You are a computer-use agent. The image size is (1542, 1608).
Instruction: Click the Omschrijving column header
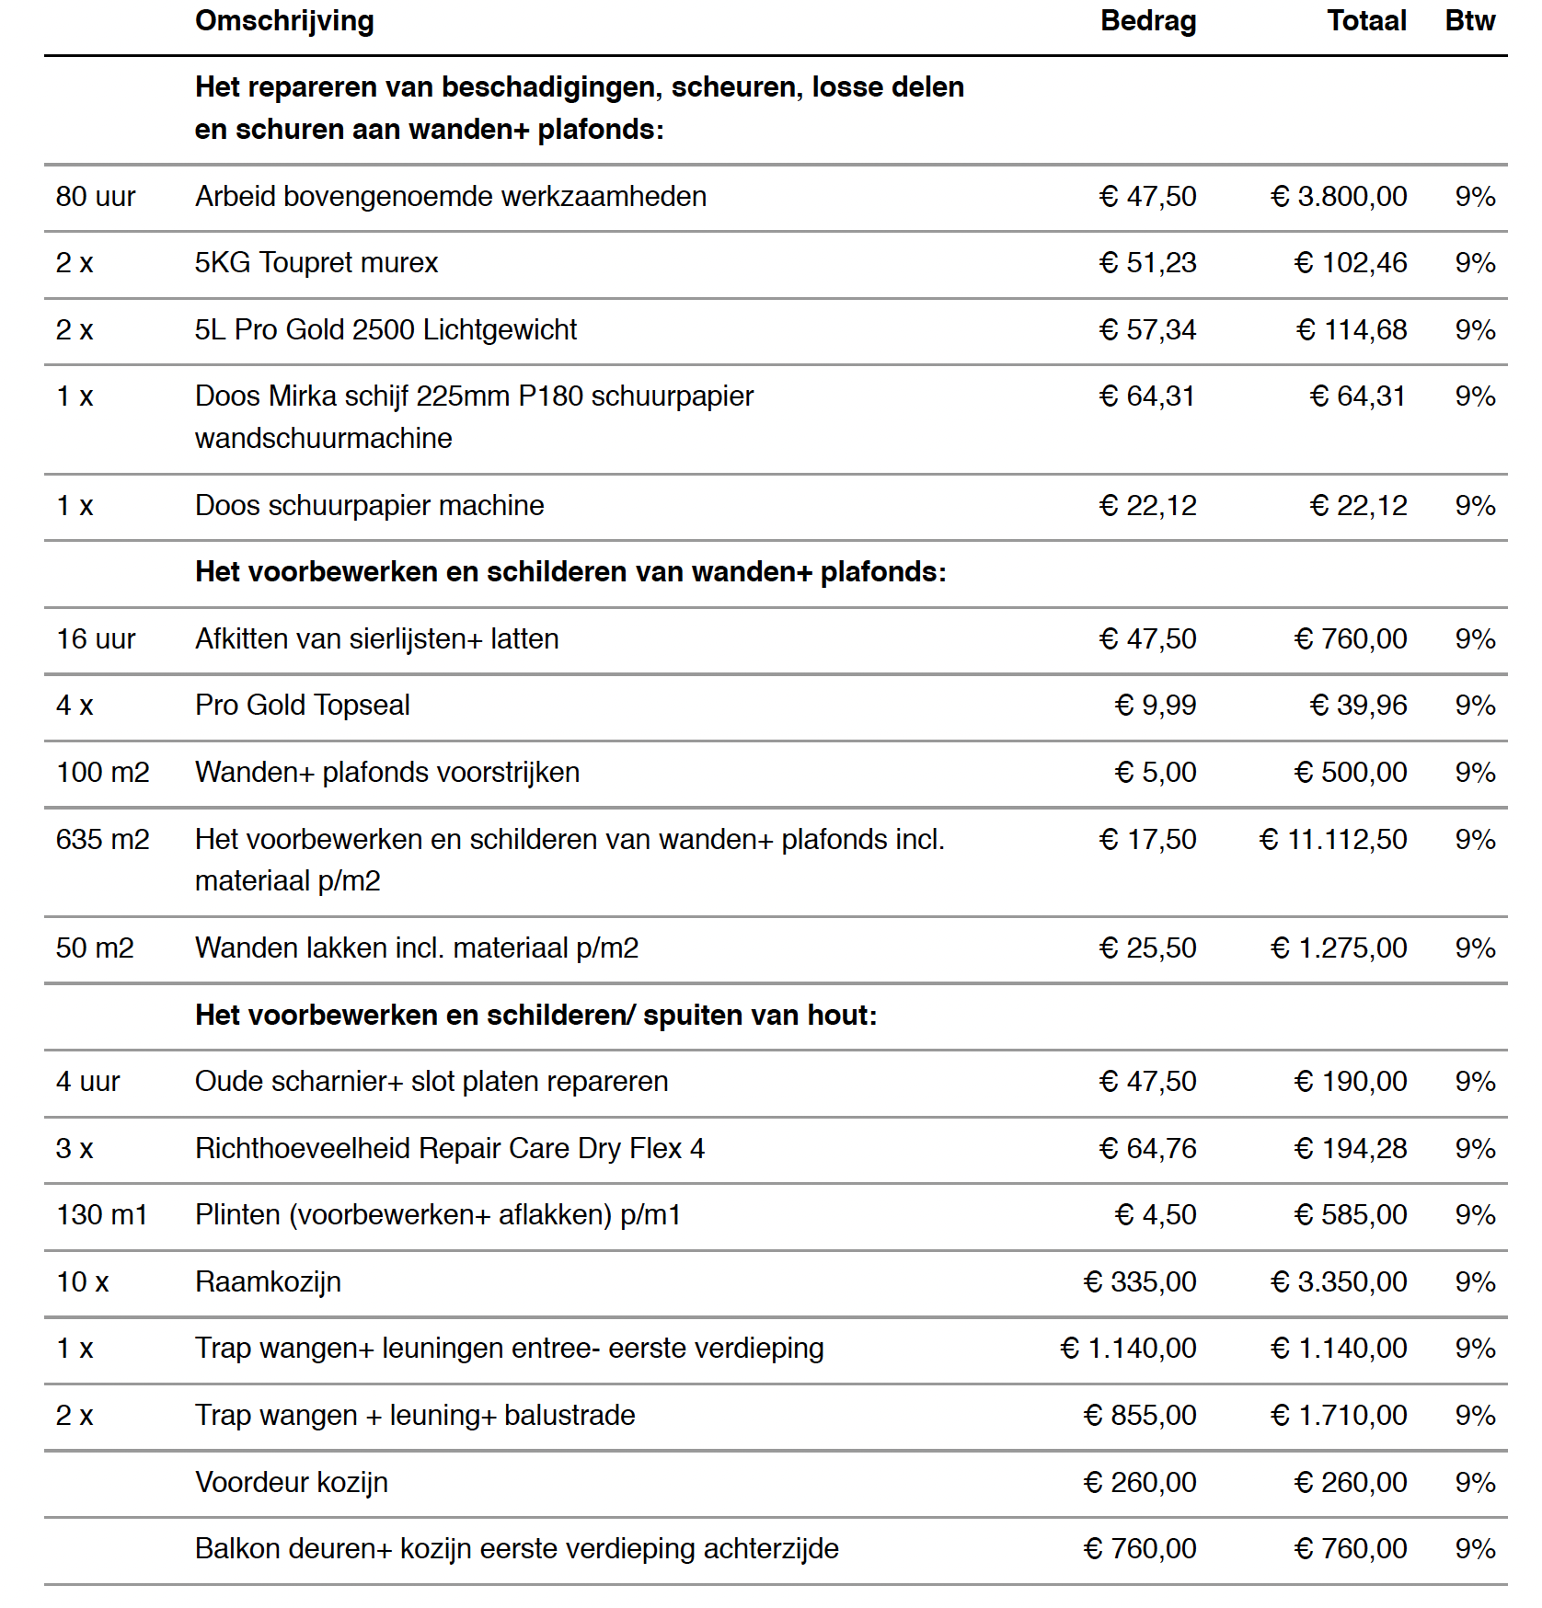(x=284, y=21)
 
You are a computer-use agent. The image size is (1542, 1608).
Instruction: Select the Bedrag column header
(x=1148, y=21)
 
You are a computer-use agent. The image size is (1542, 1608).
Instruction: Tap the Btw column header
(x=1469, y=21)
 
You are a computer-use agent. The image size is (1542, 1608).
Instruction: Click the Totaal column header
(x=1366, y=21)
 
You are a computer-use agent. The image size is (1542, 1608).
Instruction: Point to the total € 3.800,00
(x=1339, y=196)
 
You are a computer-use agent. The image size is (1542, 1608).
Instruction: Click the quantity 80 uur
(x=96, y=196)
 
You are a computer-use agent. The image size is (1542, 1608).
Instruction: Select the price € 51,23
(x=1148, y=263)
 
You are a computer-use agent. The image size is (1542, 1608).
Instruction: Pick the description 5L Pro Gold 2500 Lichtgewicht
(x=385, y=329)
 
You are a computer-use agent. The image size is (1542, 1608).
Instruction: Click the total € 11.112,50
(x=1333, y=839)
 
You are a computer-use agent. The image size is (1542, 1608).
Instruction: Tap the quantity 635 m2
(x=102, y=839)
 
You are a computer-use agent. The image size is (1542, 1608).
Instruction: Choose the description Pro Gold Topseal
(x=302, y=706)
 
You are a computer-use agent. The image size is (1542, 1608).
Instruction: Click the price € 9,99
(x=1156, y=706)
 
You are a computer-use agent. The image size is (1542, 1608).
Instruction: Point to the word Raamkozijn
(x=268, y=1281)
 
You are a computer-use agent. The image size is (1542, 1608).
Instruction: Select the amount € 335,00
(x=1140, y=1281)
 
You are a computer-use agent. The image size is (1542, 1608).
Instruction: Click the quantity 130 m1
(x=102, y=1215)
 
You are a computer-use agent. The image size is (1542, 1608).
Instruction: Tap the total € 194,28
(x=1351, y=1148)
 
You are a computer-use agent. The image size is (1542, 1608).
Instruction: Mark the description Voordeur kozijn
(x=292, y=1482)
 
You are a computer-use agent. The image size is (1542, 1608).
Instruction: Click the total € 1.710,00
(x=1339, y=1415)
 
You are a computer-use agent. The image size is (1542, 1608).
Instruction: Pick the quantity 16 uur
(x=96, y=638)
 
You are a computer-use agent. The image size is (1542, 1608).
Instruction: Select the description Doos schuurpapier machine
(x=369, y=505)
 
